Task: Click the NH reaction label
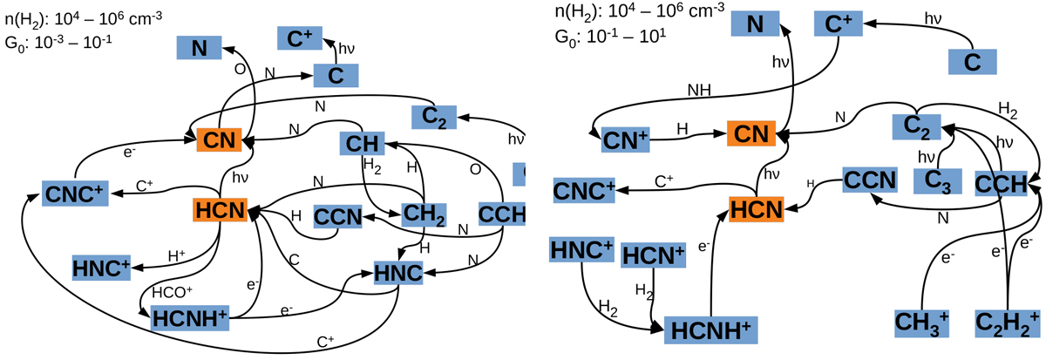[x=699, y=89]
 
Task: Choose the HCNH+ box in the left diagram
[x=191, y=318]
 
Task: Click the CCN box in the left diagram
[x=337, y=215]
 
